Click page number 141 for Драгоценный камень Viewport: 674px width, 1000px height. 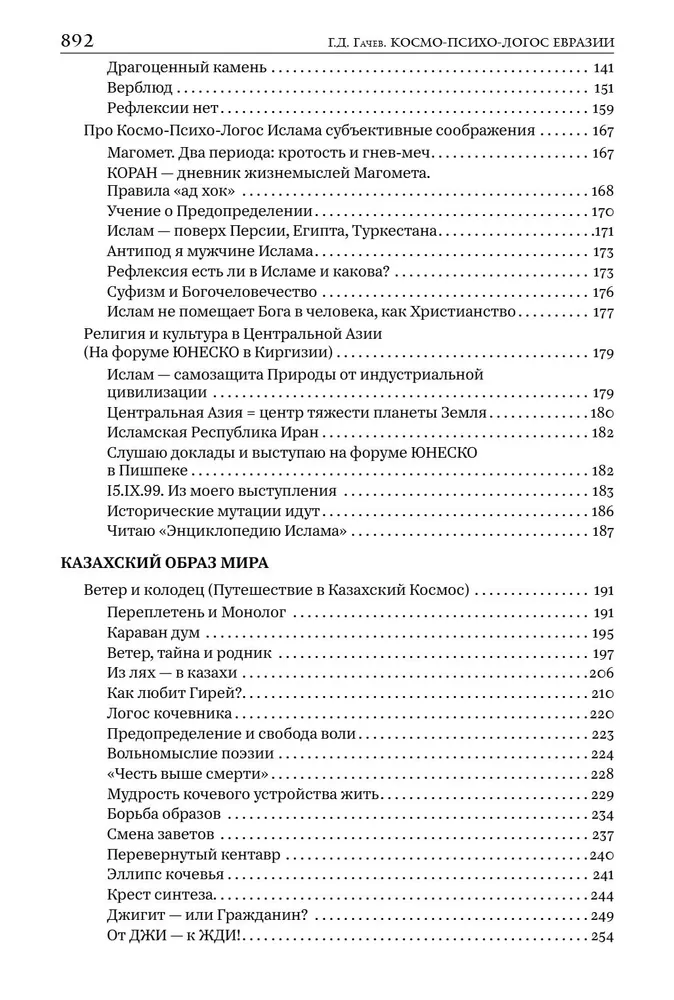pyautogui.click(x=602, y=68)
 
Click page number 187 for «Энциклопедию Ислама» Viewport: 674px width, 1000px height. pyautogui.click(x=602, y=531)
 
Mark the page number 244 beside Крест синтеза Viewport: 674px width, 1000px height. pyautogui.click(x=602, y=896)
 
